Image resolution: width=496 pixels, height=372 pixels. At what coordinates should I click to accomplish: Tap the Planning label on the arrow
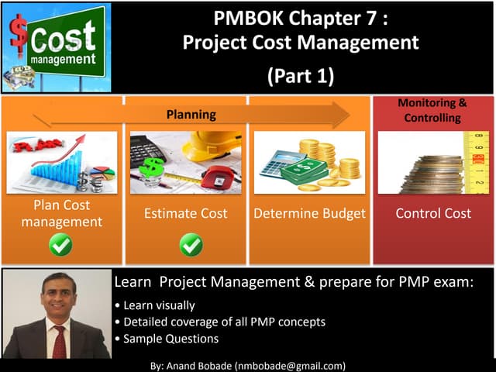click(x=191, y=115)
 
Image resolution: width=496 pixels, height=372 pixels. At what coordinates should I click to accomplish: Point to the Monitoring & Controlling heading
click(x=432, y=110)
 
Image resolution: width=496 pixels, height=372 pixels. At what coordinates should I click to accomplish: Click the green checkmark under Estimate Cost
click(x=191, y=246)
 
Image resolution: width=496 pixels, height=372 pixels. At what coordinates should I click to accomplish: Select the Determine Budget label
click(x=309, y=213)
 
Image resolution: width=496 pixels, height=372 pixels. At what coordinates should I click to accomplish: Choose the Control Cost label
click(x=433, y=213)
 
